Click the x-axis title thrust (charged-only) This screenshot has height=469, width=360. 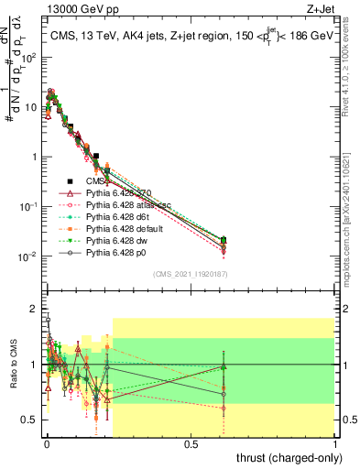289,458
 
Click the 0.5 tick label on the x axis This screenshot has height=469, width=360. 191,443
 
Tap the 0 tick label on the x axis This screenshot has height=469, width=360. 47,443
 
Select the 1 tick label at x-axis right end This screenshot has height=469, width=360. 335,443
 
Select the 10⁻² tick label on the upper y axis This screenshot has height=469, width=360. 28,256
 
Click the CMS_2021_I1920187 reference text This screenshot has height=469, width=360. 190,274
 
